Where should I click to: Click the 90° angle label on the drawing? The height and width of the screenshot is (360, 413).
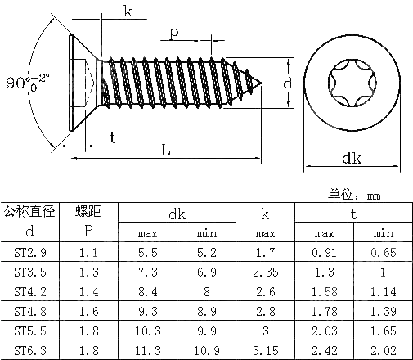[18, 83]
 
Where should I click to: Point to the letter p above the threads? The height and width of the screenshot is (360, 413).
[174, 32]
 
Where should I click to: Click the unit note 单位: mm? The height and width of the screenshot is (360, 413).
[354, 195]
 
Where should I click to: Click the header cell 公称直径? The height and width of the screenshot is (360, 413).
[29, 212]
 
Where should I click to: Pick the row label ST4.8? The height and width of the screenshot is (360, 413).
[29, 310]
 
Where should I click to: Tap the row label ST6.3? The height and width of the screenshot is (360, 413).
[29, 349]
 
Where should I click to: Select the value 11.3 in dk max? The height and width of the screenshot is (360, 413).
[148, 349]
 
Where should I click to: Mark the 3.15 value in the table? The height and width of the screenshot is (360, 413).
[264, 349]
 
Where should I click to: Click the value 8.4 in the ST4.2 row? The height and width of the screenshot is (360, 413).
[148, 290]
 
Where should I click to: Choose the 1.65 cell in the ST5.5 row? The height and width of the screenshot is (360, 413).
[382, 330]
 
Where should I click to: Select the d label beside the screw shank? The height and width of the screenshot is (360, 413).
[287, 83]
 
